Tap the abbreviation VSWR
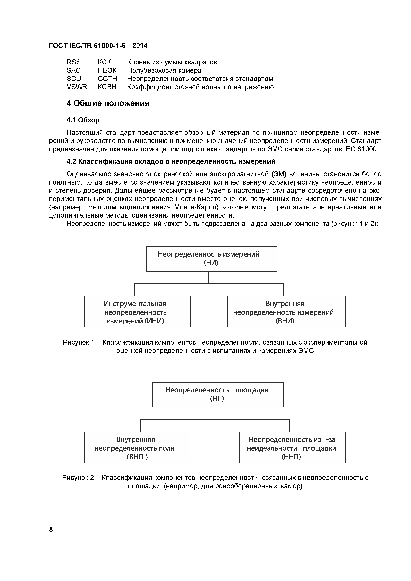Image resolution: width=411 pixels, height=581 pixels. point(77,87)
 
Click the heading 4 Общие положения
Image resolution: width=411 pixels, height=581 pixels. point(108,103)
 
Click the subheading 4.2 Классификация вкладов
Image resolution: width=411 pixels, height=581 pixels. point(171,161)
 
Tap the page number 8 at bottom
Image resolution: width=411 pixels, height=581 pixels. point(51,530)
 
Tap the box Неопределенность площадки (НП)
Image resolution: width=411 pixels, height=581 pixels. point(218,395)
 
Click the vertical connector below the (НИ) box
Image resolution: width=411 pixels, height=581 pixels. point(209,277)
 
